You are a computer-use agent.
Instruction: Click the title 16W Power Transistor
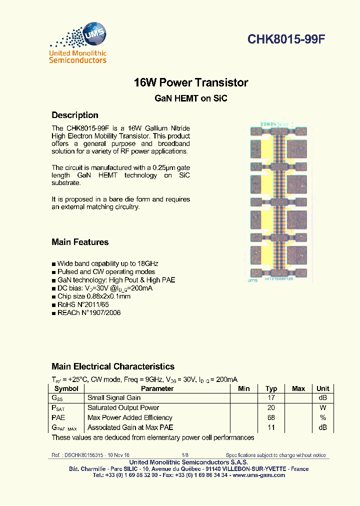[191, 82]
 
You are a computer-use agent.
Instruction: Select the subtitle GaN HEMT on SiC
[191, 98]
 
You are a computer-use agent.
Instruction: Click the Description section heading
[75, 115]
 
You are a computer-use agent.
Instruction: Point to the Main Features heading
[80, 242]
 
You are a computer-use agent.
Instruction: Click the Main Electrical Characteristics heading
[113, 366]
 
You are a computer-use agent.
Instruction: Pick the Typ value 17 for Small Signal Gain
[271, 398]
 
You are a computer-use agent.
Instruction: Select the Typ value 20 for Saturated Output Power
[271, 408]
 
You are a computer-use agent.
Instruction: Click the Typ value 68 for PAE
[271, 417]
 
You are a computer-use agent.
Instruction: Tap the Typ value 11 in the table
[271, 427]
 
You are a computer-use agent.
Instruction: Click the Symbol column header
[66, 388]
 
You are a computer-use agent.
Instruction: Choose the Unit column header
[323, 388]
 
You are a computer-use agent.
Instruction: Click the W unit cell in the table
[323, 408]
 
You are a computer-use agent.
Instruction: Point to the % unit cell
[323, 417]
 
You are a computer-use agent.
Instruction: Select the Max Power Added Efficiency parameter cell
[129, 417]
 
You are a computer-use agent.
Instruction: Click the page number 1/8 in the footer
[185, 455]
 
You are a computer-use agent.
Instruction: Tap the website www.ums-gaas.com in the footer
[259, 475]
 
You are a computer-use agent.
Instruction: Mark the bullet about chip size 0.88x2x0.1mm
[93, 296]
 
